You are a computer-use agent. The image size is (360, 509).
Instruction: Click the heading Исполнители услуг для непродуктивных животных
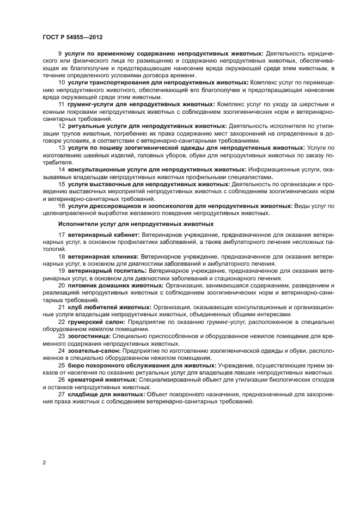(x=136, y=224)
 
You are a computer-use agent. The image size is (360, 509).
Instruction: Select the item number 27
(x=61, y=394)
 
